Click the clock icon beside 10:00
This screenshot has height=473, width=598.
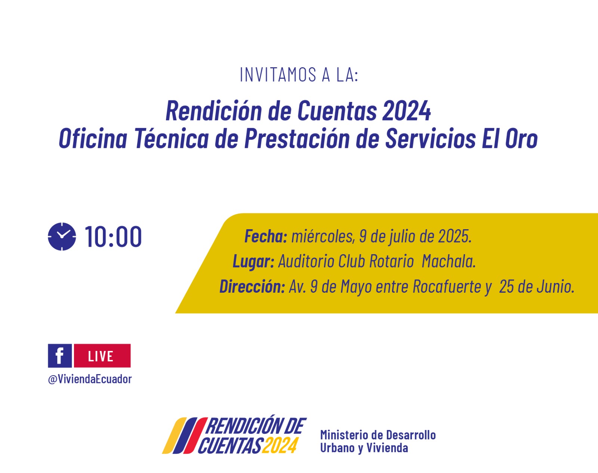[x=62, y=237]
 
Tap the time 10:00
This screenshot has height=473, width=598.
[x=113, y=237]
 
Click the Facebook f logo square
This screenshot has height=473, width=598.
[x=60, y=355]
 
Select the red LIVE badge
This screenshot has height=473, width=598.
[x=102, y=355]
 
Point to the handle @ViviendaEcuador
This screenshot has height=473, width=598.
[x=90, y=379]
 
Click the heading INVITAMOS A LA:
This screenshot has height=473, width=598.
[x=299, y=75]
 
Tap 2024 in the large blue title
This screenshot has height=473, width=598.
[x=407, y=111]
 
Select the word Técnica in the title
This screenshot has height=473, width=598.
[x=172, y=138]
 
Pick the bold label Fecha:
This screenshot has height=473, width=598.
[x=266, y=237]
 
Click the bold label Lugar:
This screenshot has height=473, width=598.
[x=253, y=261]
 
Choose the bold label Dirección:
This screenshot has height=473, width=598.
[x=252, y=286]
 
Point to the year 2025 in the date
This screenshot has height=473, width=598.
[x=454, y=237]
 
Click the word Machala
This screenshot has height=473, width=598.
[x=449, y=261]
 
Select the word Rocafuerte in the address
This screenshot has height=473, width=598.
[x=447, y=286]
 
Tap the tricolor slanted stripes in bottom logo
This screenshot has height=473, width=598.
[x=185, y=436]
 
